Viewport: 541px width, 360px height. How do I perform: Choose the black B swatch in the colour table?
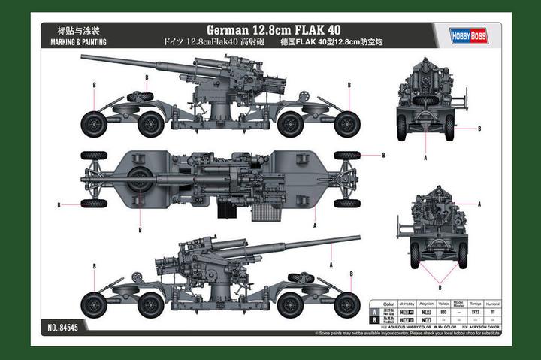coord(374,319)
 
